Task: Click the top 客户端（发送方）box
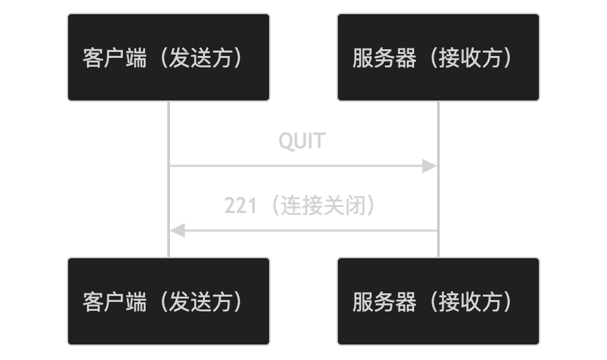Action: (x=169, y=57)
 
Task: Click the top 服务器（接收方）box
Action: (x=438, y=57)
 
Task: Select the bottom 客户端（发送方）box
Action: (x=169, y=301)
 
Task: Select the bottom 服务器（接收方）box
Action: (x=438, y=301)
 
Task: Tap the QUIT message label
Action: (x=302, y=142)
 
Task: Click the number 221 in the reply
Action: (x=240, y=206)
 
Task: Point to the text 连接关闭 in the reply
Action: (x=322, y=206)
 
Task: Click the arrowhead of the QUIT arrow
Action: (x=430, y=166)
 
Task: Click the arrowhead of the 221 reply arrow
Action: (x=177, y=231)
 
